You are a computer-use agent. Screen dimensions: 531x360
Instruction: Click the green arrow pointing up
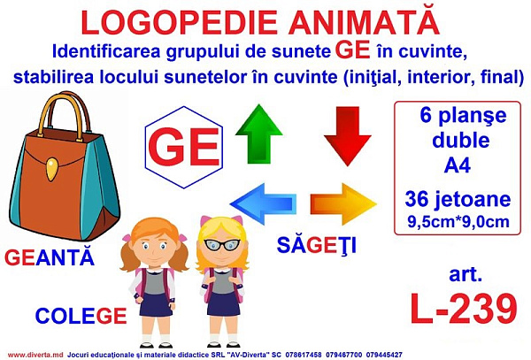pyautogui.click(x=258, y=134)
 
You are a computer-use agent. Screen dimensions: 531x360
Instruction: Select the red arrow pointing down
pyautogui.click(x=348, y=136)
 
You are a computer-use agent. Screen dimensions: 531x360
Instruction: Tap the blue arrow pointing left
pyautogui.click(x=263, y=204)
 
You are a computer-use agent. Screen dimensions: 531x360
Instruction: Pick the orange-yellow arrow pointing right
pyautogui.click(x=343, y=204)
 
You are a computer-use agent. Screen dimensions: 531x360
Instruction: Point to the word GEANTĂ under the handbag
pyautogui.click(x=49, y=257)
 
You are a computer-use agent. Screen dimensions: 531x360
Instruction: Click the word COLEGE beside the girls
pyautogui.click(x=81, y=316)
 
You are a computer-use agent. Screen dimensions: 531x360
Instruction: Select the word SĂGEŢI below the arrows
pyautogui.click(x=317, y=245)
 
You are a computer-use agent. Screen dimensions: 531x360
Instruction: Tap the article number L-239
pyautogui.click(x=464, y=309)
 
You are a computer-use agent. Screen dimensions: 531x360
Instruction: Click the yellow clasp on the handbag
pyautogui.click(x=51, y=169)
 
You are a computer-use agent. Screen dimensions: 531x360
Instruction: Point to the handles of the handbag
pyautogui.click(x=65, y=115)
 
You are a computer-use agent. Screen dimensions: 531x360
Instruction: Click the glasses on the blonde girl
pyautogui.click(x=222, y=244)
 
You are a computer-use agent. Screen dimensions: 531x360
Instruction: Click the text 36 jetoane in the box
pyautogui.click(x=458, y=199)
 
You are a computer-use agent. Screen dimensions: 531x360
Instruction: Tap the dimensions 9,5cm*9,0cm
pyautogui.click(x=458, y=222)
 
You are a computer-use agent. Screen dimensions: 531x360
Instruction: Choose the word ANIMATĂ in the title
pyautogui.click(x=364, y=22)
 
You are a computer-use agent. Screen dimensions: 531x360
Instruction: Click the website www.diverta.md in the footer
pyautogui.click(x=35, y=355)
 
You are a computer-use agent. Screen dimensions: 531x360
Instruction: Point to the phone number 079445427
pyautogui.click(x=384, y=355)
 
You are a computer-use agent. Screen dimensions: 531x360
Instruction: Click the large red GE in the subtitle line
pyautogui.click(x=352, y=50)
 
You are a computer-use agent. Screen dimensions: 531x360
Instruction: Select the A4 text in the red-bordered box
pyautogui.click(x=458, y=165)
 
